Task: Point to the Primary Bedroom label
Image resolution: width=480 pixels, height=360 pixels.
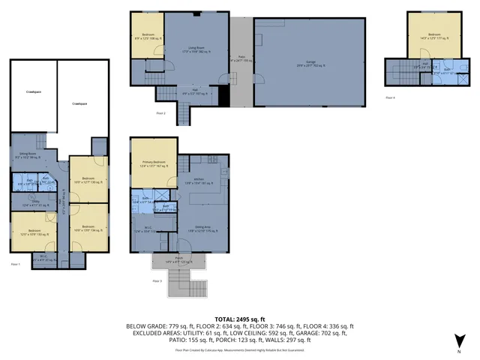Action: [154, 164]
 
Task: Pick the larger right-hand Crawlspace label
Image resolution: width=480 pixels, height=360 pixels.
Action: [79, 103]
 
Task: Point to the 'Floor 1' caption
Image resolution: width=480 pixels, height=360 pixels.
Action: [15, 265]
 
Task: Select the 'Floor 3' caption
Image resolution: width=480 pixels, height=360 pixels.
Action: [157, 280]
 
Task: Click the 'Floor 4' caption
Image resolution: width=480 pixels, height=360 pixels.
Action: [389, 98]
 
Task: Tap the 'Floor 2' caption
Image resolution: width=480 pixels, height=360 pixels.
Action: [160, 112]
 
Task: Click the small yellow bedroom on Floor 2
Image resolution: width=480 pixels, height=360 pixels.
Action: [142, 34]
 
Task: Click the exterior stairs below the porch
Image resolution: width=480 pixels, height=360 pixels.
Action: [179, 285]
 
